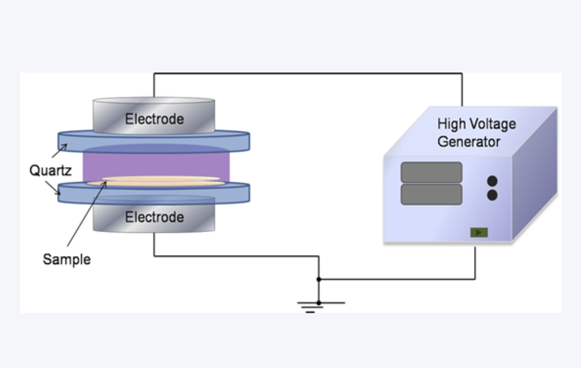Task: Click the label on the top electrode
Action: [154, 119]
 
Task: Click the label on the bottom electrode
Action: [154, 217]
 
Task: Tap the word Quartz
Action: [50, 169]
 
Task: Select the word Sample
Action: [67, 260]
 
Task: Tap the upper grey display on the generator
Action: [431, 172]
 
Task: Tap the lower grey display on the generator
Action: [431, 194]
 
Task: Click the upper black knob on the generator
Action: [492, 181]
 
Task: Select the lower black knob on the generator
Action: [492, 195]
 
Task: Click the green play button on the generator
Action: [479, 232]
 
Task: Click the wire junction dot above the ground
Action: [319, 279]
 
